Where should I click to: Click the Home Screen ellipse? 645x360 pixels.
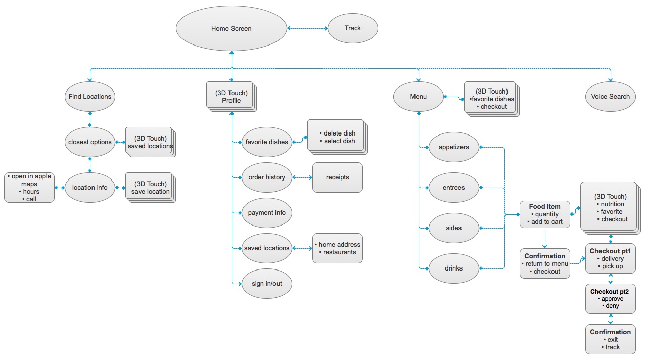231,29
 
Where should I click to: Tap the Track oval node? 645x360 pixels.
352,28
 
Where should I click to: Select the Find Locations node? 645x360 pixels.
90,96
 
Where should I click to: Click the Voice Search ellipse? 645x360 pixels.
611,96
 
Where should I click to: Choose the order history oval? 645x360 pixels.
266,177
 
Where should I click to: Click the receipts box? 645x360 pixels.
337,177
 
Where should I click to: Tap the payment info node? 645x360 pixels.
266,213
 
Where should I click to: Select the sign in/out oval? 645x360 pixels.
266,283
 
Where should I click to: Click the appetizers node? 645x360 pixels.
453,147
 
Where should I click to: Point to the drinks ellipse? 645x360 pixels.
453,268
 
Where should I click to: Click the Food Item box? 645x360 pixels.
544,214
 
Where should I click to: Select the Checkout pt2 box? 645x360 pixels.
611,298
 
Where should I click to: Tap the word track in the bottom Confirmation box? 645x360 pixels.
612,347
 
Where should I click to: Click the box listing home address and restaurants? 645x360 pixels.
337,248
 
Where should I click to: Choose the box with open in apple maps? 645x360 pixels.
29,188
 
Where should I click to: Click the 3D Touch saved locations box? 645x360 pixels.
150,142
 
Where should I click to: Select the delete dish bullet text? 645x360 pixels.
339,133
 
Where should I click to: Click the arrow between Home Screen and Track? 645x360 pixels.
307,29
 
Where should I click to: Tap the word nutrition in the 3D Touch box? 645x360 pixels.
612,204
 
